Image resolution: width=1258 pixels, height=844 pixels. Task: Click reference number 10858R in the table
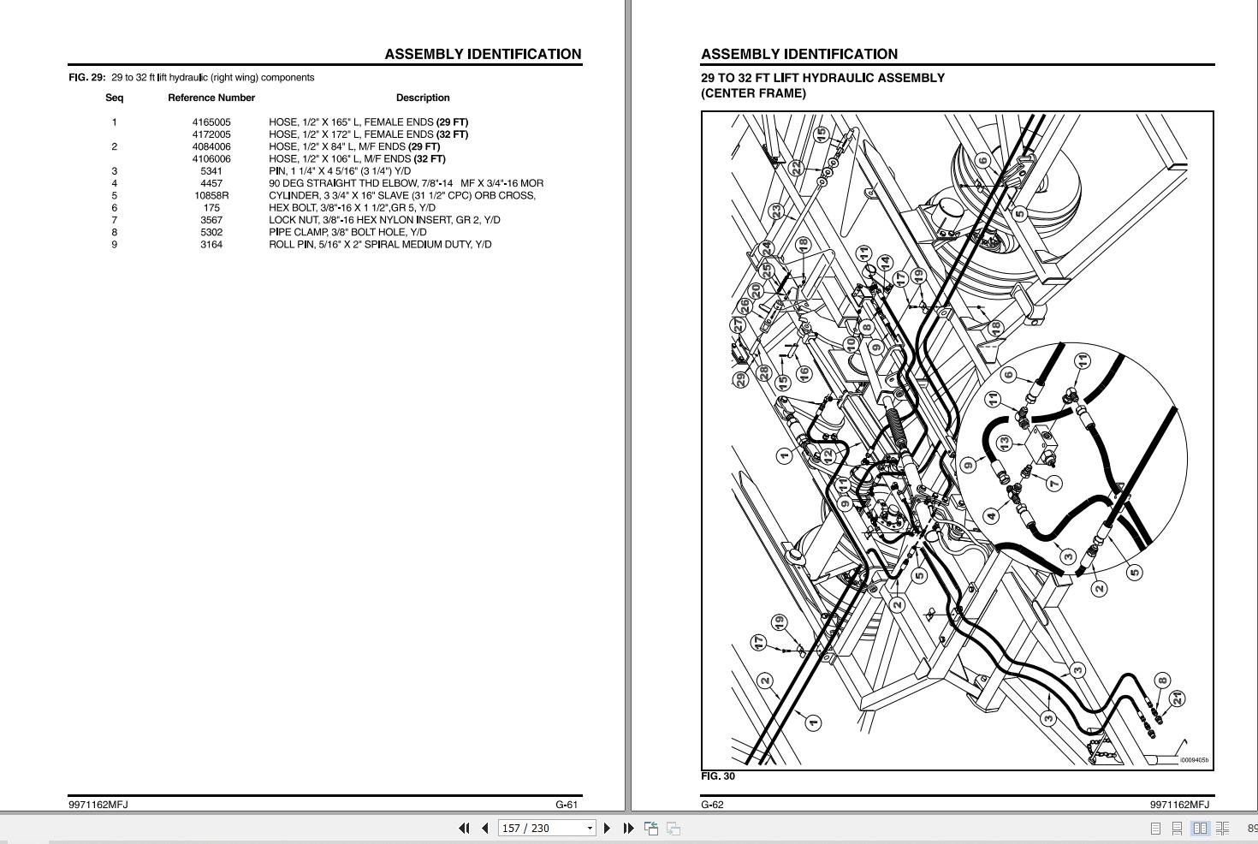(x=211, y=195)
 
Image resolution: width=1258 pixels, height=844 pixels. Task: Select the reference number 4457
(x=211, y=183)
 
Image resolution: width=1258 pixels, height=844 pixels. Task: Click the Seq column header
(x=114, y=98)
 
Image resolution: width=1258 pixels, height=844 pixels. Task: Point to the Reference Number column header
(x=211, y=98)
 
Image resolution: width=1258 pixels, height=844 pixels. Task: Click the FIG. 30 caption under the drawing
(x=717, y=776)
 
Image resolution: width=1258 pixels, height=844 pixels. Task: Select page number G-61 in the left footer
(x=567, y=805)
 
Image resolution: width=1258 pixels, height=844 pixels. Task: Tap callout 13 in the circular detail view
(x=1004, y=443)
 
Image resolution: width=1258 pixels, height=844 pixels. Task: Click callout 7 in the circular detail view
(x=1053, y=484)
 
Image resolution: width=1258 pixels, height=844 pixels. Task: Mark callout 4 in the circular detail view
(x=991, y=515)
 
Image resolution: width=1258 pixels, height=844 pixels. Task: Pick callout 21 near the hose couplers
(x=1178, y=699)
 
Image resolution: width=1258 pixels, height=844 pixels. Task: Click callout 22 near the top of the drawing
(x=796, y=168)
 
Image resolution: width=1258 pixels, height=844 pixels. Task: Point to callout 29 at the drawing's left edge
(x=740, y=379)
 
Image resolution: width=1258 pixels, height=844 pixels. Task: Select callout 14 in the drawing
(x=885, y=262)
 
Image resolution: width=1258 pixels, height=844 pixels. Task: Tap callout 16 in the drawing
(x=803, y=373)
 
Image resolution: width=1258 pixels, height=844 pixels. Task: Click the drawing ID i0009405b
(x=1194, y=760)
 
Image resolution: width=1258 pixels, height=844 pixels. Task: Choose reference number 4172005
(x=211, y=134)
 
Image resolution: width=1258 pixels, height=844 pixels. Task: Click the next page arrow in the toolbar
(x=608, y=828)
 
